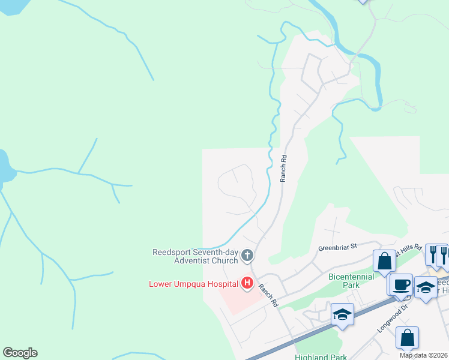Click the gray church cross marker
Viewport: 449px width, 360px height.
[x=247, y=257]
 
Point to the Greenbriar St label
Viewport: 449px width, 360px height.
[x=337, y=247]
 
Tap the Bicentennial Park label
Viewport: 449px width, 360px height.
[x=351, y=281]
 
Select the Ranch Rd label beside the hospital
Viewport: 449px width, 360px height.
[x=268, y=295]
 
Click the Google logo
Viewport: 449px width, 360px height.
[x=20, y=353]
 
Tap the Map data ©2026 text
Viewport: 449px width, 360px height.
[x=423, y=355]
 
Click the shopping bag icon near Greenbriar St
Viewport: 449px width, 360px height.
[x=384, y=261]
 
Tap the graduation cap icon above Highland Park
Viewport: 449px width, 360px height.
[x=342, y=314]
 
